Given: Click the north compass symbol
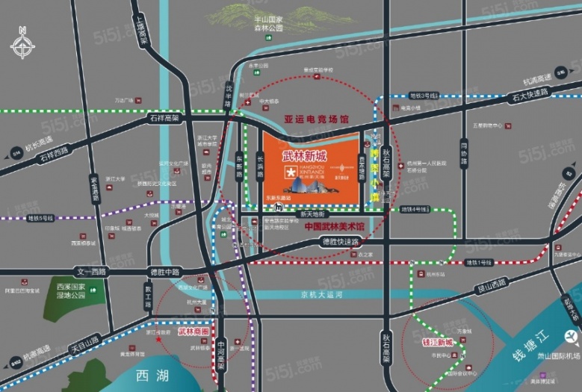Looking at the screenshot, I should tap(23, 43).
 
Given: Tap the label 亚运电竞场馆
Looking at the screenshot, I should tap(316, 119).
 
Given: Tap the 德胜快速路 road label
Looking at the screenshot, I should tap(341, 242).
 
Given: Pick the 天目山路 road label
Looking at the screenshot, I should tap(82, 345).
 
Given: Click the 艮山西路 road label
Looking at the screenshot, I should tap(490, 282).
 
